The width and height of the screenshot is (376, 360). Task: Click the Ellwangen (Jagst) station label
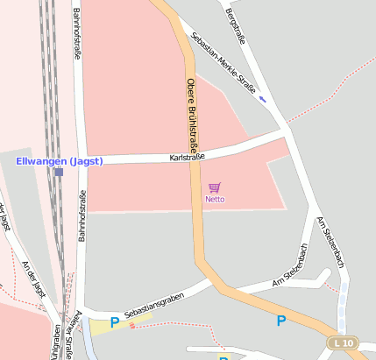[60, 160]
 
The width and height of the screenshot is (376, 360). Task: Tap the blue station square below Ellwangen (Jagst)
[59, 173]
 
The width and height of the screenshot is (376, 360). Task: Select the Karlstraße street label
[187, 157]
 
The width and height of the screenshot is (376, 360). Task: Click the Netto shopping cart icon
[215, 187]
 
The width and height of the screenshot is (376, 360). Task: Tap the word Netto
[215, 199]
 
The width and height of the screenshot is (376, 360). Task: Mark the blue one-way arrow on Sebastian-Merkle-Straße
[263, 98]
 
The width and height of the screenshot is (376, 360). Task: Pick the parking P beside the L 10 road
[280, 321]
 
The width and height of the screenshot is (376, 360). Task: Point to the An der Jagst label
[33, 279]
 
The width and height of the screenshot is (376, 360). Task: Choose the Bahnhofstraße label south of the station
[82, 215]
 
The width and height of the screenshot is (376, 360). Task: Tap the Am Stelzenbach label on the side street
[292, 265]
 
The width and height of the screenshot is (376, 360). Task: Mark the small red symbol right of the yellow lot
[132, 325]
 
